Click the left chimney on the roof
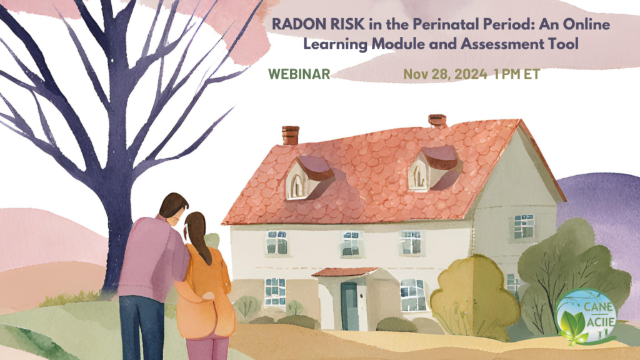coord(291,135)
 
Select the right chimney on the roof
coord(437,121)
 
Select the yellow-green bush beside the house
coord(473,294)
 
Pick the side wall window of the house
coord(524,226)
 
